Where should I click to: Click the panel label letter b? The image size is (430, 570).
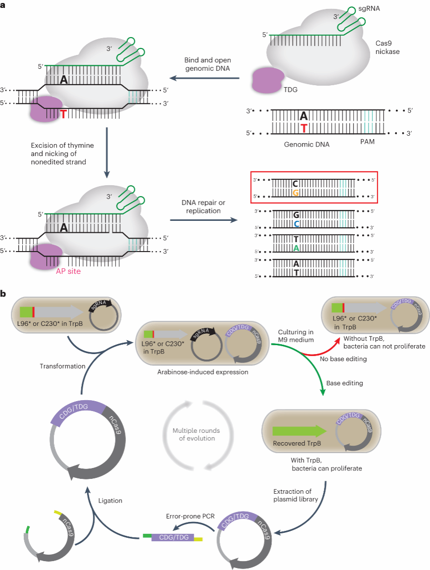point(3,294)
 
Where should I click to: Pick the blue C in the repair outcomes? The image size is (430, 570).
point(295,223)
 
